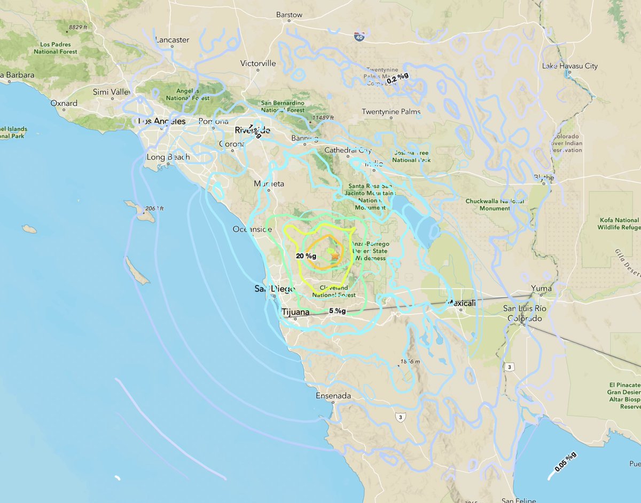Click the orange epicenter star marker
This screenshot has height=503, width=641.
(x=335, y=256)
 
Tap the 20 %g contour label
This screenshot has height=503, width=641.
(x=306, y=256)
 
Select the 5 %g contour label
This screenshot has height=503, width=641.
(x=337, y=311)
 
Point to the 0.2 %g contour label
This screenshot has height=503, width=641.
(x=398, y=78)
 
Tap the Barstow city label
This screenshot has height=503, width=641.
(x=289, y=15)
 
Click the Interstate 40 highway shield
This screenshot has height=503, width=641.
(x=359, y=36)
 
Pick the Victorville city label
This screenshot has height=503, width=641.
(x=258, y=63)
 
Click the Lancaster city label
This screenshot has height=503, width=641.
(x=172, y=39)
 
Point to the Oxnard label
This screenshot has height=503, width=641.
(x=64, y=103)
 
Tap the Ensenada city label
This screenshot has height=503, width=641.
(x=333, y=396)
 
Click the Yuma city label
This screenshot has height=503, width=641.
(x=541, y=288)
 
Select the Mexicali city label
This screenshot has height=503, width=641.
(x=464, y=302)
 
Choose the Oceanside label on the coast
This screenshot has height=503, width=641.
(x=252, y=229)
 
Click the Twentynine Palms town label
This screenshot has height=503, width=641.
(x=391, y=111)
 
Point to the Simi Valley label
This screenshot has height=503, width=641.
(x=112, y=92)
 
